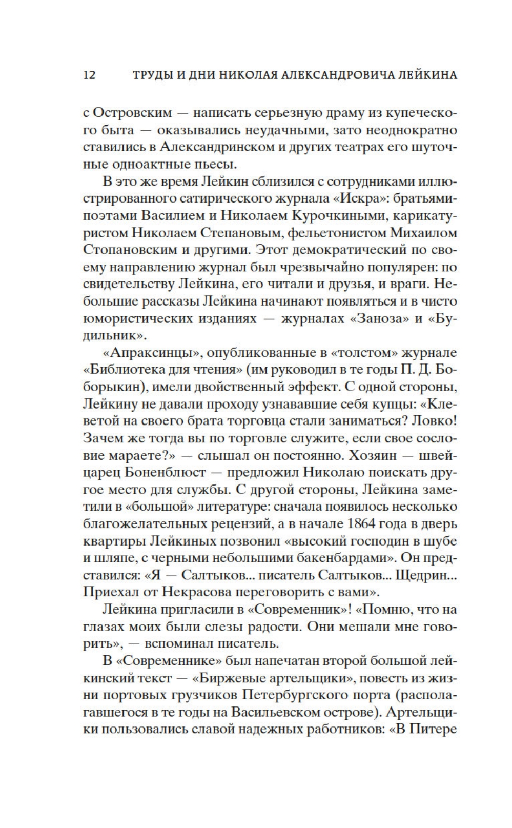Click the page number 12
(89, 75)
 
